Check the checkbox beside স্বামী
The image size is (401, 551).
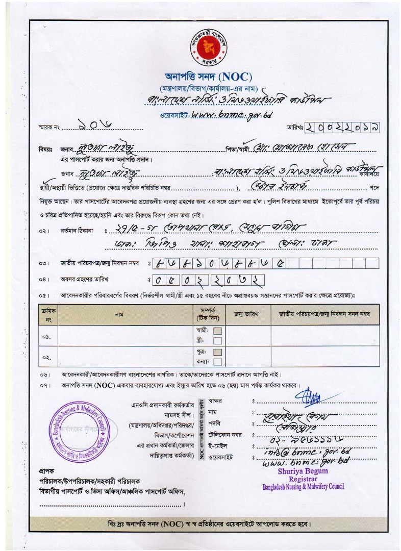click(x=217, y=331)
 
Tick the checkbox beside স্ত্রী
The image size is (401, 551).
click(x=217, y=341)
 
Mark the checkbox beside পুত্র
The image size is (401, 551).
click(x=217, y=352)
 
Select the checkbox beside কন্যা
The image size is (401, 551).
click(x=217, y=362)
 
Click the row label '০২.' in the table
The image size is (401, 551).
click(x=47, y=358)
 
